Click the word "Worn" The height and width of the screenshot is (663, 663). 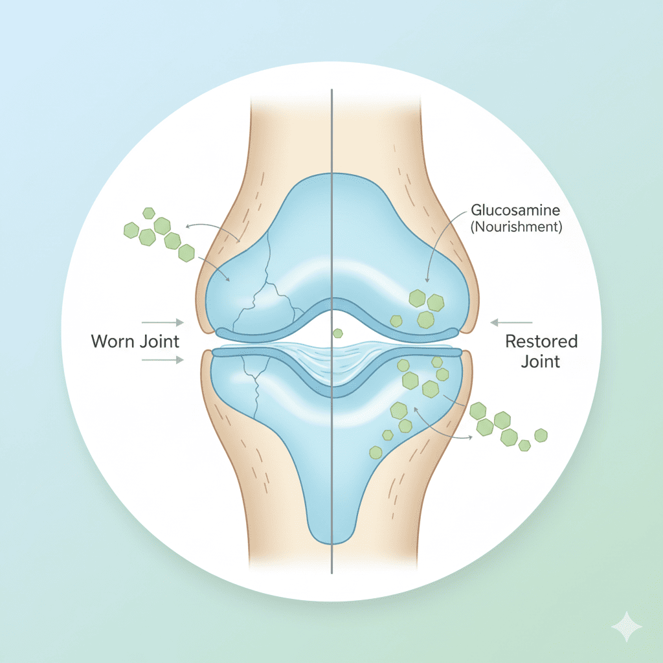113,341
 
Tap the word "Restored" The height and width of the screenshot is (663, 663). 541,341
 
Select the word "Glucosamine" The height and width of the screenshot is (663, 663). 516,210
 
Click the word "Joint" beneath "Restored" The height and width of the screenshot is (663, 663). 541,361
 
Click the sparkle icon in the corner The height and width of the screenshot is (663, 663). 627,627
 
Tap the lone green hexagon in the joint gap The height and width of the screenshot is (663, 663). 337,333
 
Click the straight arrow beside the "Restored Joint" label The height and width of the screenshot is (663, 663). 511,322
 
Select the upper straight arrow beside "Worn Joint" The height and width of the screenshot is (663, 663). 162,321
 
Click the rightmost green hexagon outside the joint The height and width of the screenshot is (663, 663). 541,435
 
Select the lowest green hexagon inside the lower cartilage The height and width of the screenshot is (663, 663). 374,452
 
